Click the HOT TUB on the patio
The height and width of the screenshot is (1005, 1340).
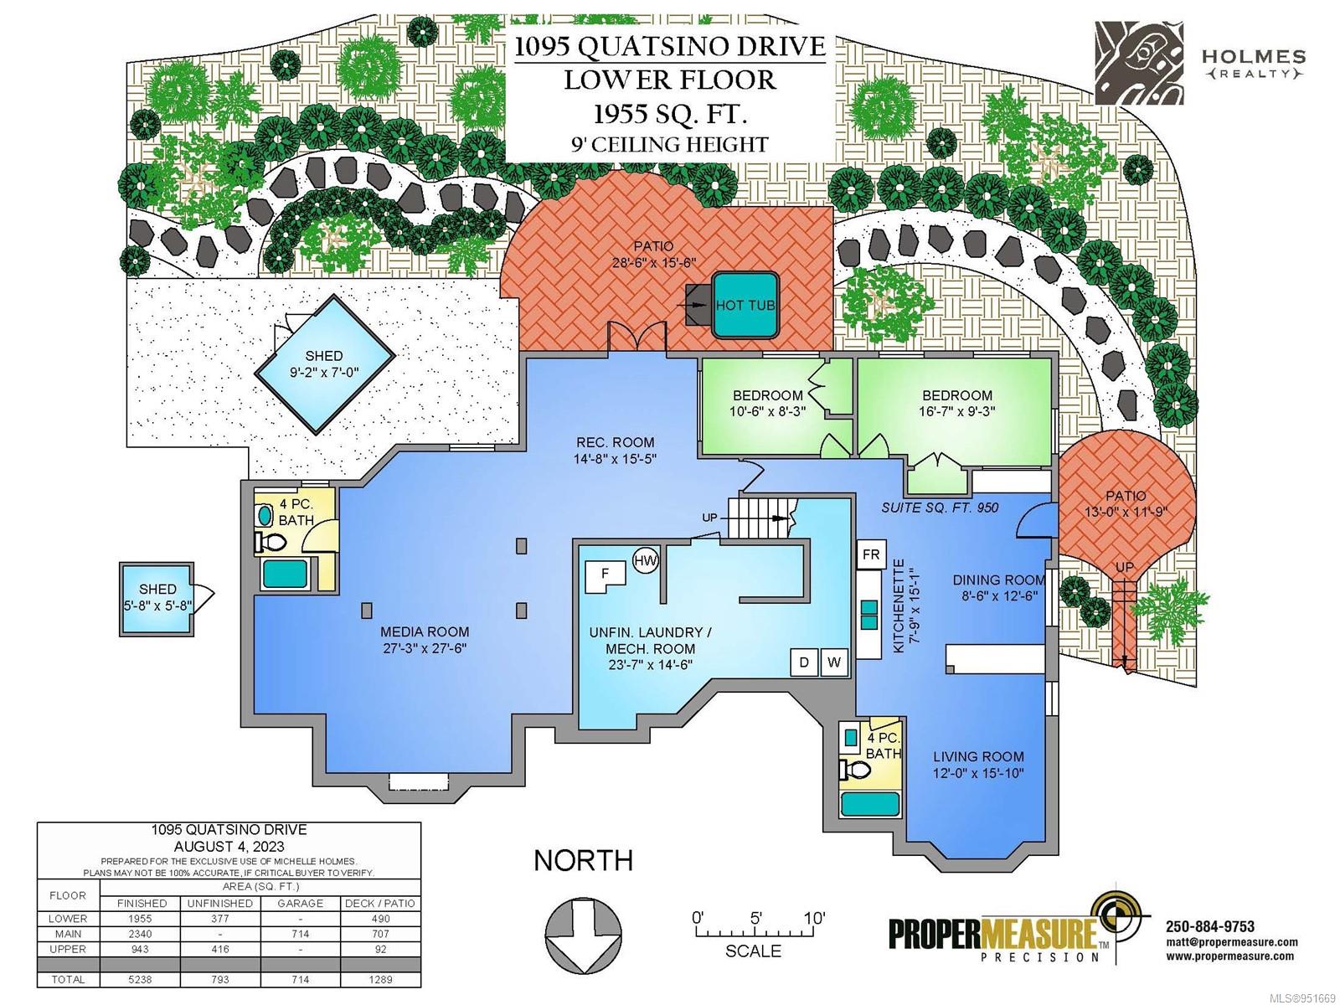point(746,305)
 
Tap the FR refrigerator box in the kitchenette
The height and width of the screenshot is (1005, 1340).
point(871,554)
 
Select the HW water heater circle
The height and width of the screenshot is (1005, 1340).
point(645,560)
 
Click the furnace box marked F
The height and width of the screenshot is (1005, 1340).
point(606,577)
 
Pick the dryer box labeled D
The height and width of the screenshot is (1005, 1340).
point(804,662)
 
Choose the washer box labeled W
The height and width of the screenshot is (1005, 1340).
point(834,662)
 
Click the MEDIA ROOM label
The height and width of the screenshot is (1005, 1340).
point(425,632)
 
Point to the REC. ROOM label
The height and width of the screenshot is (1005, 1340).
point(616,442)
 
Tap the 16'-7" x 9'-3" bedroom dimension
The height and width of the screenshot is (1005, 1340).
point(957,411)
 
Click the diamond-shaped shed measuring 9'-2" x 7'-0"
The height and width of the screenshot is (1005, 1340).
point(324,364)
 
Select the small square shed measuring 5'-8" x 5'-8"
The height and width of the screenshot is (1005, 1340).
point(157,599)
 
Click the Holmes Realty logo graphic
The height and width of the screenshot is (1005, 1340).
point(1138,63)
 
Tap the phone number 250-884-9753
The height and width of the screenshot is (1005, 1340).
point(1210,926)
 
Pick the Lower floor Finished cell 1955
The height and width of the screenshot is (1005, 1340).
point(141,919)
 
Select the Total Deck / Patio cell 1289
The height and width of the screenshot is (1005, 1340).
point(380,979)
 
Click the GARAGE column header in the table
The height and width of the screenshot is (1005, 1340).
point(301,903)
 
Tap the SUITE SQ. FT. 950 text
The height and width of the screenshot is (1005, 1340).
point(941,508)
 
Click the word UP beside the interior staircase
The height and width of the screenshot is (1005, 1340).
point(709,518)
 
